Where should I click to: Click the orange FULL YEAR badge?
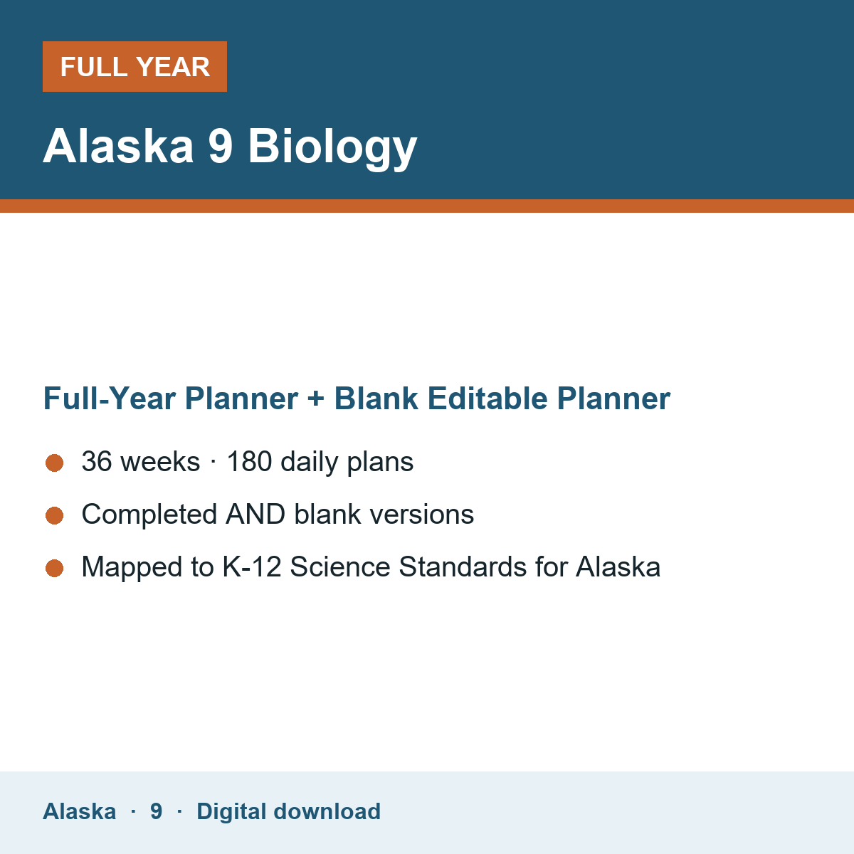tap(135, 66)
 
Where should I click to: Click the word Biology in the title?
tap(332, 147)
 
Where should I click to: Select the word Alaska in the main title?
tap(118, 146)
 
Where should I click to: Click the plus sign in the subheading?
tap(316, 399)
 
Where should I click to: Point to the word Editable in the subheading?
tap(487, 398)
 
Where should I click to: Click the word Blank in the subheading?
tap(376, 398)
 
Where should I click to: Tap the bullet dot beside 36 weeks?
tap(55, 463)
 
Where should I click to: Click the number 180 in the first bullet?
tap(249, 461)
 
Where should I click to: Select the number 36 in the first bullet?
tap(97, 461)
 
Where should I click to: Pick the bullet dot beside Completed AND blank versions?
tap(55, 515)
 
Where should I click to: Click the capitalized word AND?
tap(255, 514)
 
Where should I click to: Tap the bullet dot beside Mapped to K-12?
tap(55, 568)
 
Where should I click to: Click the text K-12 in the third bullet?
tap(252, 566)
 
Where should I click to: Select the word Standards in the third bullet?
tap(463, 566)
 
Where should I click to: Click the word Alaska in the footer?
tap(79, 811)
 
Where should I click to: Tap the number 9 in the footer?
tap(156, 811)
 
